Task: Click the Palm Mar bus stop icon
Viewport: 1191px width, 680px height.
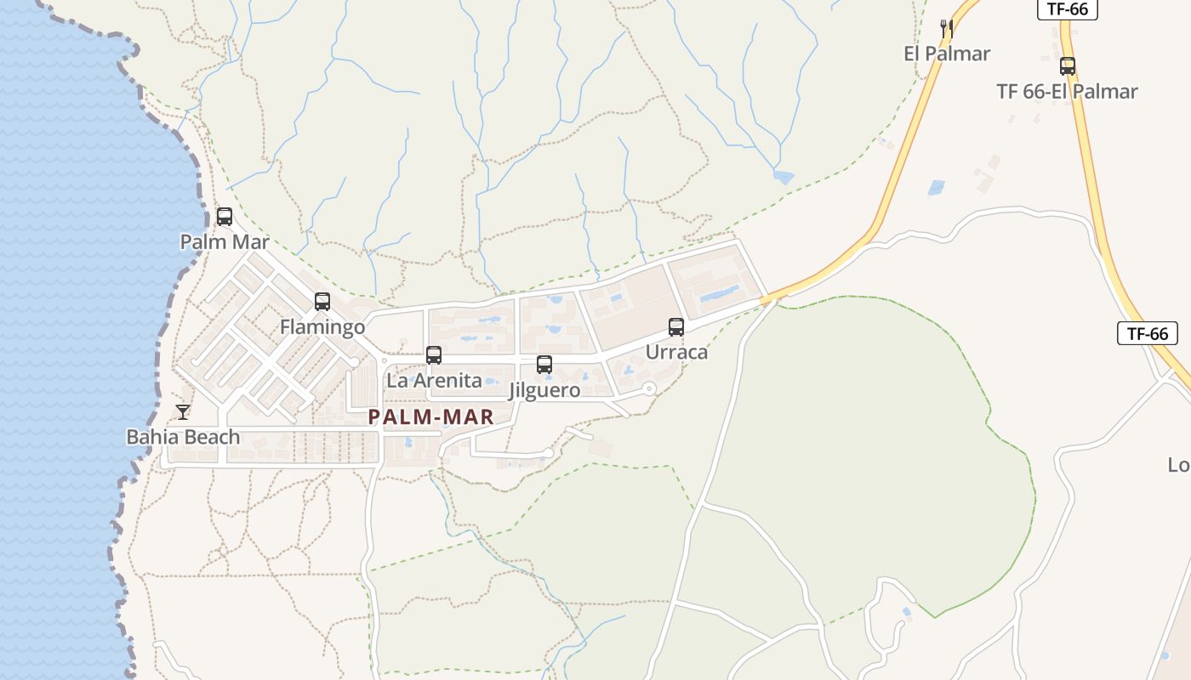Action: coord(225,217)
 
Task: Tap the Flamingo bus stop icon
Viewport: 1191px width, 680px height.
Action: coord(322,302)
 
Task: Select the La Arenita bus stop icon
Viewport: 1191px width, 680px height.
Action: coord(434,355)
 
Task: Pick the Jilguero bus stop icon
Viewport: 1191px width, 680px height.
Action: coord(544,365)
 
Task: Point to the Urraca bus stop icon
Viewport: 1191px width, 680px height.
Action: coord(676,326)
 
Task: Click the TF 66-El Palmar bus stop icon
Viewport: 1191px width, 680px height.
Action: coord(1068,66)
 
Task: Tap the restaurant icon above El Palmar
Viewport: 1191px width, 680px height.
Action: coord(947,29)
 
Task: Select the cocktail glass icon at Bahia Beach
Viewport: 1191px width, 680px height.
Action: coord(183,412)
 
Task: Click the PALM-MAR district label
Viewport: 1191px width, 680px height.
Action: coord(431,417)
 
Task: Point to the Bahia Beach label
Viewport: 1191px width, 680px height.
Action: coord(183,438)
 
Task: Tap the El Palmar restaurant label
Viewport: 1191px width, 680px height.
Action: coord(947,54)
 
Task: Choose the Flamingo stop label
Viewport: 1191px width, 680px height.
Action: coord(322,327)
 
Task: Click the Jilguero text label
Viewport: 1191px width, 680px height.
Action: coord(544,391)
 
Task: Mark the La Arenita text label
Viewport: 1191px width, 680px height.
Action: coord(434,381)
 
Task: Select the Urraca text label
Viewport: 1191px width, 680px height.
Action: coord(676,352)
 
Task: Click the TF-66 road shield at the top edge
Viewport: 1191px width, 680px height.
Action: coord(1068,9)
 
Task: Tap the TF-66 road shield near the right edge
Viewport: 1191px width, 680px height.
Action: coord(1148,333)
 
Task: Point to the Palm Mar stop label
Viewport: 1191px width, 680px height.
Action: coord(225,242)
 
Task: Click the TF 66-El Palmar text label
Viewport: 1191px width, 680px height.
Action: coord(1067,92)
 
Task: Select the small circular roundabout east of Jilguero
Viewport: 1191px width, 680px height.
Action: coord(649,388)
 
